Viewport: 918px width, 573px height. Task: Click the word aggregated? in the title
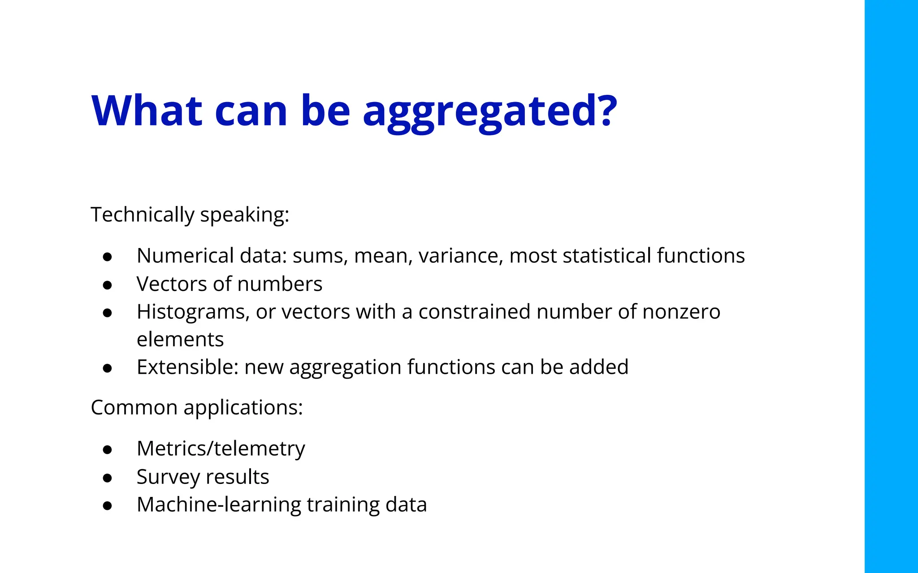(x=489, y=112)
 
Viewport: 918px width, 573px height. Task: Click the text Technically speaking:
(x=190, y=215)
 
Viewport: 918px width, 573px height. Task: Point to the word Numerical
(x=185, y=256)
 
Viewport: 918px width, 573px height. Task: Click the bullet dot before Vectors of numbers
(x=107, y=285)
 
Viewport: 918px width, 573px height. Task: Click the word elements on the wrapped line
(x=180, y=340)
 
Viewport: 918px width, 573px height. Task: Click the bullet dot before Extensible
(x=107, y=368)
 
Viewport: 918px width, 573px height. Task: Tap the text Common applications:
(x=197, y=408)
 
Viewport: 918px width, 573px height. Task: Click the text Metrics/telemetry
(x=221, y=449)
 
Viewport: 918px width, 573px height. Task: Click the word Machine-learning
(x=219, y=505)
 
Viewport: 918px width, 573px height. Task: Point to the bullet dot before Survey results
(x=107, y=478)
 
